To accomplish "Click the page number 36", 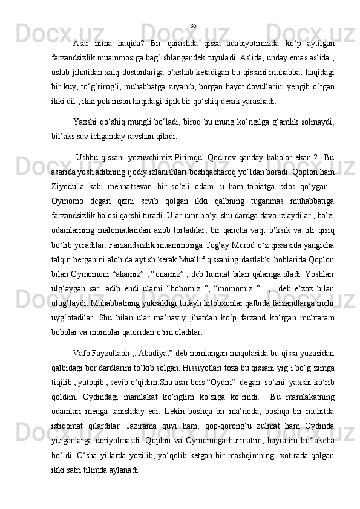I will click(x=193, y=25).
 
